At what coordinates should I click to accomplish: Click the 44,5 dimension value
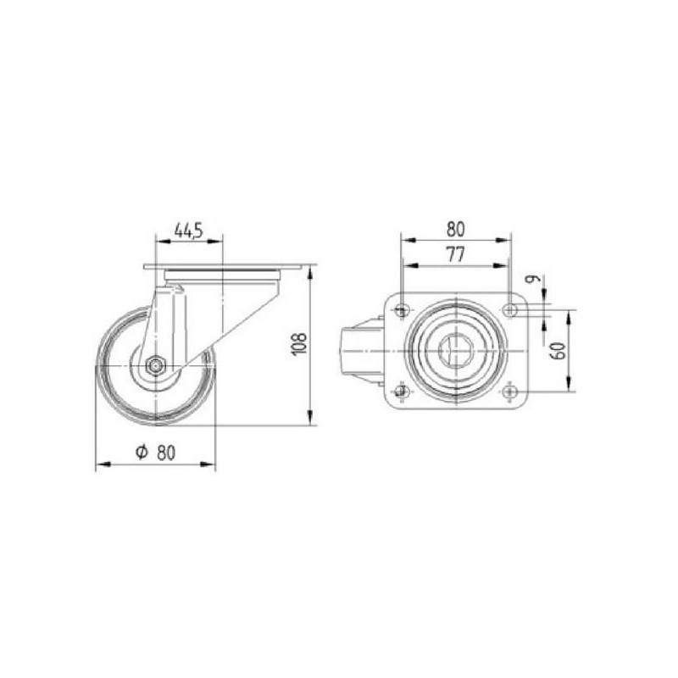coord(188,231)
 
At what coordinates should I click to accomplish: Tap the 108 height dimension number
coord(300,344)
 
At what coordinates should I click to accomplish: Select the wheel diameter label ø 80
coord(156,453)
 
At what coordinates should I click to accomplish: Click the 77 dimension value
coord(456,254)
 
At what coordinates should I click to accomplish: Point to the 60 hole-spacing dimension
coord(559,351)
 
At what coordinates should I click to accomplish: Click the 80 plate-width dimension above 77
coord(456,230)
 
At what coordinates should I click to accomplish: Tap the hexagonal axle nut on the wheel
coord(154,366)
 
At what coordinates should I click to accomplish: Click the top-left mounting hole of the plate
coord(402,310)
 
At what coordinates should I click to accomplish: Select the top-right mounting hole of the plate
coord(511,310)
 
